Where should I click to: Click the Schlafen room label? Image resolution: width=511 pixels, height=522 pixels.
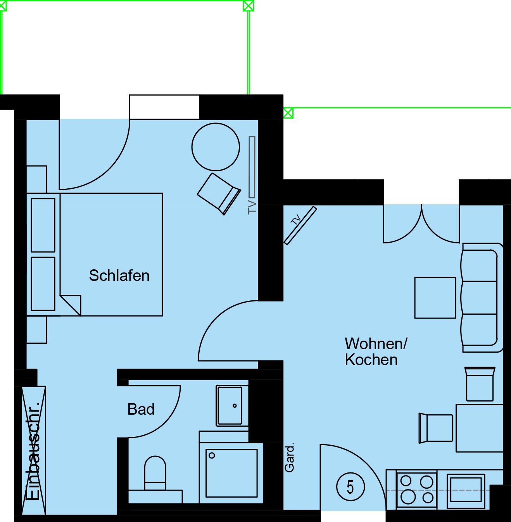pyautogui.click(x=119, y=276)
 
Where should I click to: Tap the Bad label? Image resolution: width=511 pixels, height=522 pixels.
pyautogui.click(x=141, y=409)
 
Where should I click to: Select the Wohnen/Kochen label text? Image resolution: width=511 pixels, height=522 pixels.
pyautogui.click(x=376, y=351)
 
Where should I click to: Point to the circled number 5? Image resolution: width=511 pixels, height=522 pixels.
pyautogui.click(x=350, y=487)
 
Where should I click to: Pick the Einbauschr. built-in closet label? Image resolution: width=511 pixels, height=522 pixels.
pyautogui.click(x=33, y=451)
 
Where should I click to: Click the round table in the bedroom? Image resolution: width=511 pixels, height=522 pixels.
pyautogui.click(x=216, y=147)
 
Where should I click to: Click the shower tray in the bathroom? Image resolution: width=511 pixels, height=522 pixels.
pyautogui.click(x=231, y=473)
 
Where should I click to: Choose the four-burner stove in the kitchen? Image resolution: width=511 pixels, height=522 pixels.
pyautogui.click(x=416, y=489)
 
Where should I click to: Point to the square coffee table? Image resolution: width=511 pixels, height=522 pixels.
pyautogui.click(x=435, y=298)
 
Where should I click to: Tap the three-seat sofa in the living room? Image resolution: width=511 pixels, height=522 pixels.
pyautogui.click(x=482, y=298)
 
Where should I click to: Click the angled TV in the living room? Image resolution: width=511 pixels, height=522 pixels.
pyautogui.click(x=300, y=225)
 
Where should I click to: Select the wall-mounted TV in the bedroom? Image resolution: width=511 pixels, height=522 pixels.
pyautogui.click(x=252, y=167)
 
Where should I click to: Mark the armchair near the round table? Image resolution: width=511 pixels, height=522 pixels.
pyautogui.click(x=219, y=194)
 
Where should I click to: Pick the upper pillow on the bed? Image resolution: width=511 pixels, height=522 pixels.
pyautogui.click(x=43, y=225)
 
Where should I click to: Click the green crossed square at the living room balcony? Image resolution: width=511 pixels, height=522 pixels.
pyautogui.click(x=288, y=113)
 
